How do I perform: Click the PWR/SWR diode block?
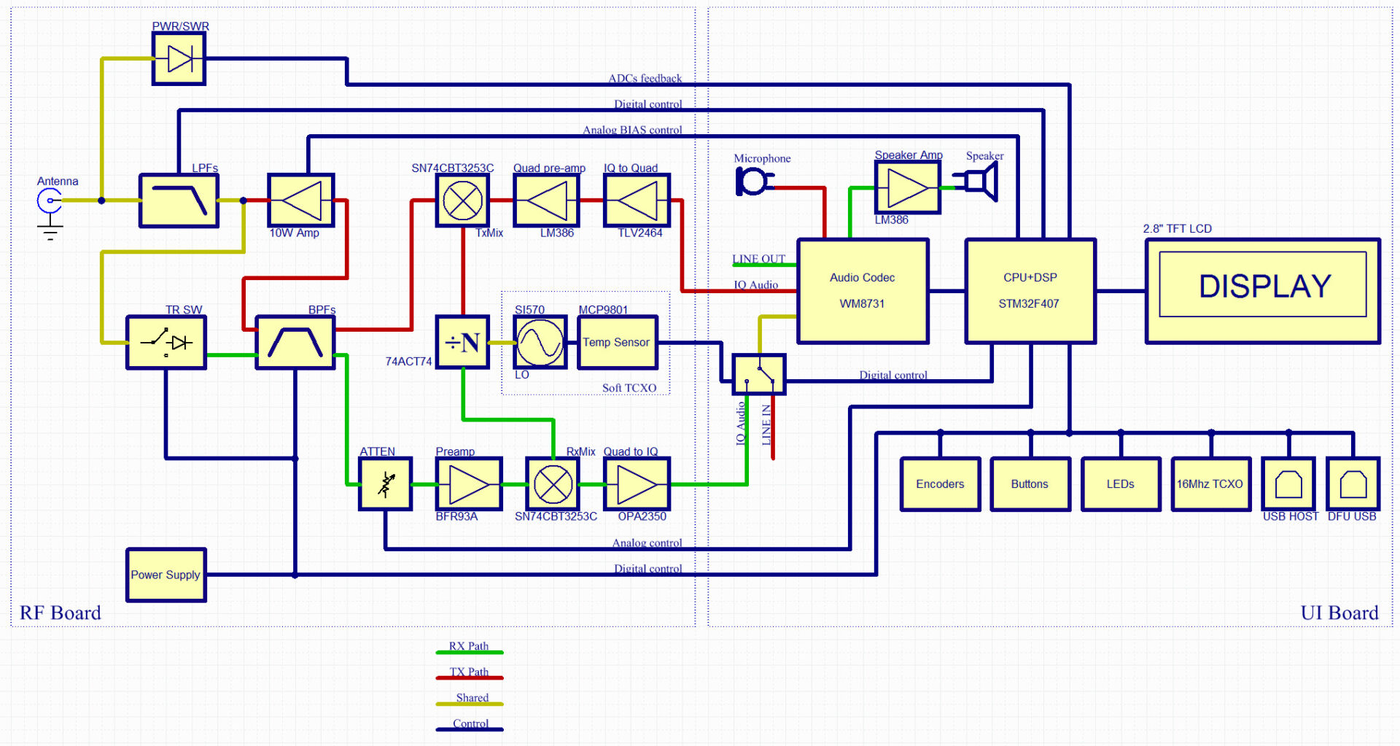(x=179, y=59)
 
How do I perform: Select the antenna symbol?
(x=50, y=201)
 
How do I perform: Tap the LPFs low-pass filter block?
(x=179, y=201)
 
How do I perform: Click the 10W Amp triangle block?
(x=300, y=201)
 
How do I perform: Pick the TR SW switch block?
(x=166, y=342)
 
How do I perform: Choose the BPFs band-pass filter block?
(x=295, y=342)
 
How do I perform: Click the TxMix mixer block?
(x=462, y=201)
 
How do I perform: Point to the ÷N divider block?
(x=462, y=342)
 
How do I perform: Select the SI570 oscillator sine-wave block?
(x=540, y=342)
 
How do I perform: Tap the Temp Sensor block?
(x=617, y=342)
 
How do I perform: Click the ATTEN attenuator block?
(x=386, y=483)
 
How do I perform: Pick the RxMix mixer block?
(x=553, y=483)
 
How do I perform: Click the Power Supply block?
(x=166, y=575)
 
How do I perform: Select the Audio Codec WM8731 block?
(x=863, y=290)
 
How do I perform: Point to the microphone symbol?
(x=752, y=181)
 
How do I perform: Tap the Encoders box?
(x=940, y=483)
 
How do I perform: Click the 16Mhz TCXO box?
(x=1210, y=483)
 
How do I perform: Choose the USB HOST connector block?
(x=1288, y=483)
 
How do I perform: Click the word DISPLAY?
(x=1264, y=286)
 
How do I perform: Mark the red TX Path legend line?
(x=469, y=677)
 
